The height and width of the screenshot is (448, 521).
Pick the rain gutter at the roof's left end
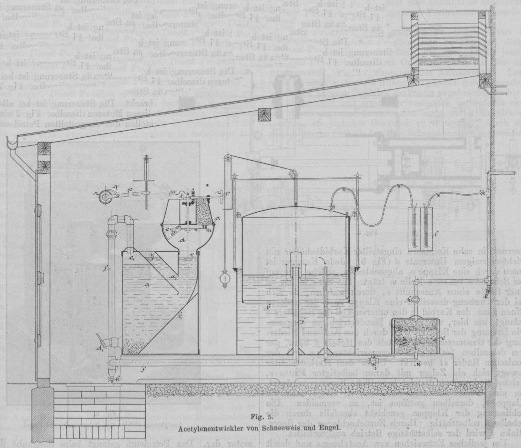click(x=11, y=145)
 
